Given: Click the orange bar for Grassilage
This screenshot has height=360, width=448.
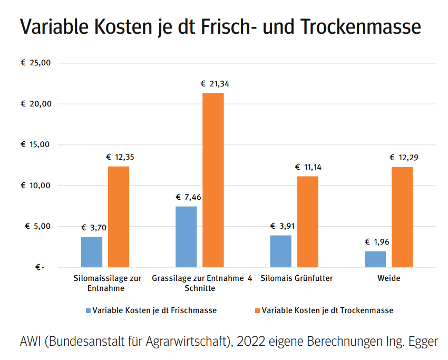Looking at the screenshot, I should (213, 180).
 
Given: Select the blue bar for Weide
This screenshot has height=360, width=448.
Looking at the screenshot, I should (375, 259).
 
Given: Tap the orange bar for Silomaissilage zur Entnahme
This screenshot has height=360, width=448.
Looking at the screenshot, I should (119, 217).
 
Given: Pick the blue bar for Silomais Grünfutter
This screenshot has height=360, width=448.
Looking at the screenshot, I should (280, 251).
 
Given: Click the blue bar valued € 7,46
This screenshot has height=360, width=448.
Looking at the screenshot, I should (186, 237).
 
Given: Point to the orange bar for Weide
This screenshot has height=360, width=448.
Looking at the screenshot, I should (402, 217).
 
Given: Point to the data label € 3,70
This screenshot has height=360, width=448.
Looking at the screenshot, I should (94, 228).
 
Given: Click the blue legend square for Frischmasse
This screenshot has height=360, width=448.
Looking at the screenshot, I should (88, 310).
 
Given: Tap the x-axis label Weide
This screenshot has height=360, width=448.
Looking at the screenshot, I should (388, 278).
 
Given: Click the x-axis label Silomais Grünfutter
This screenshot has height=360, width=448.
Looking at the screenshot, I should (297, 278).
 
